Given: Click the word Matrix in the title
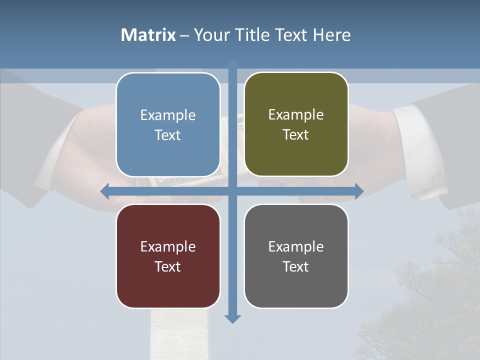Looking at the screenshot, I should coord(148,35).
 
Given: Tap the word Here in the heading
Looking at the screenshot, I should coord(331,35).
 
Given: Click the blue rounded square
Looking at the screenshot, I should coord(168,124).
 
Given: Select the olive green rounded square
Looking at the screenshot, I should coord(296,124).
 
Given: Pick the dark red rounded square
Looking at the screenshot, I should coord(168,256).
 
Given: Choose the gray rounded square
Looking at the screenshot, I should coord(296,256).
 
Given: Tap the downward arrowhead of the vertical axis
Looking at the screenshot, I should coord(232,318).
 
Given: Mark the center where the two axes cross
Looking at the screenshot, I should coord(232,191).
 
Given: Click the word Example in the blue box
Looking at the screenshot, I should coord(168,115).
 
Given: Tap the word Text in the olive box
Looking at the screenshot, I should coord(296,134).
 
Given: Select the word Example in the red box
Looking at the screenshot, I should coord(168,246).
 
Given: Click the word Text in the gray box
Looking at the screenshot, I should coord(296,266).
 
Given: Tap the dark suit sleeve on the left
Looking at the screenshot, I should coord(30,140).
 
